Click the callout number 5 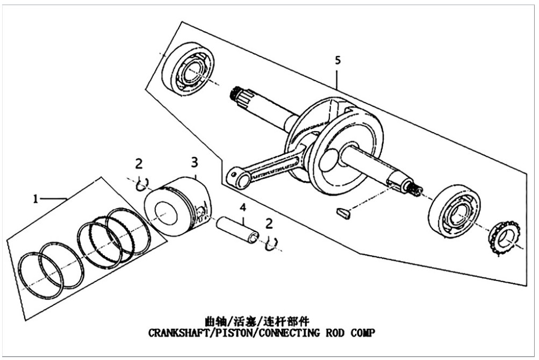click(337, 60)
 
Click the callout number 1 click(35, 199)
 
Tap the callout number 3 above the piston click(195, 162)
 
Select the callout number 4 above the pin click(243, 207)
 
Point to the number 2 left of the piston click(139, 163)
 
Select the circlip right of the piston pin click(271, 243)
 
